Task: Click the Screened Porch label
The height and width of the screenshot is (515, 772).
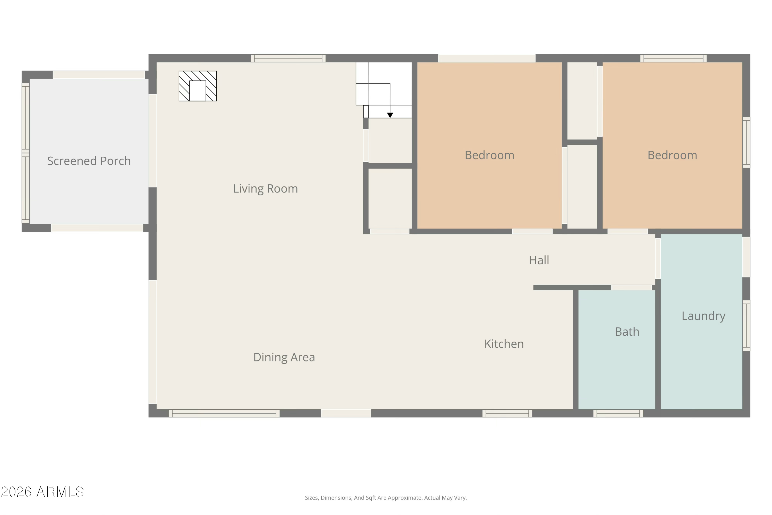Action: click(x=89, y=161)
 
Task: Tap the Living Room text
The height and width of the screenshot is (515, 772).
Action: click(x=265, y=189)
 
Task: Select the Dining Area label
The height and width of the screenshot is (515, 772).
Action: click(x=284, y=357)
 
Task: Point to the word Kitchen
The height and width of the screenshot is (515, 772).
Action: click(x=504, y=344)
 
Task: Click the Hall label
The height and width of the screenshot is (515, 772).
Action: click(x=539, y=260)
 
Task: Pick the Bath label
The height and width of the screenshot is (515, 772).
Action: click(x=627, y=332)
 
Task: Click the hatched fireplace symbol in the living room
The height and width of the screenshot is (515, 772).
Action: click(x=198, y=86)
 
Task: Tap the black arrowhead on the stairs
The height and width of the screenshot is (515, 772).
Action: click(x=390, y=115)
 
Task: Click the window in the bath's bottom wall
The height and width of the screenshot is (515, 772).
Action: click(x=618, y=413)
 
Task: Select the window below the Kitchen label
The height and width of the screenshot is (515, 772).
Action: click(x=507, y=413)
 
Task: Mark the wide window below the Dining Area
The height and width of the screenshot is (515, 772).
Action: click(x=224, y=413)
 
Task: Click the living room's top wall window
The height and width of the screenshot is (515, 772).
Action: click(x=288, y=58)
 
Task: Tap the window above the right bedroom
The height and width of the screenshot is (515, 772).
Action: click(x=673, y=58)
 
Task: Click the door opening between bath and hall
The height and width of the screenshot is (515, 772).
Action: click(x=631, y=288)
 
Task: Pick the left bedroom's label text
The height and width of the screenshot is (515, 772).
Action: click(x=489, y=155)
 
